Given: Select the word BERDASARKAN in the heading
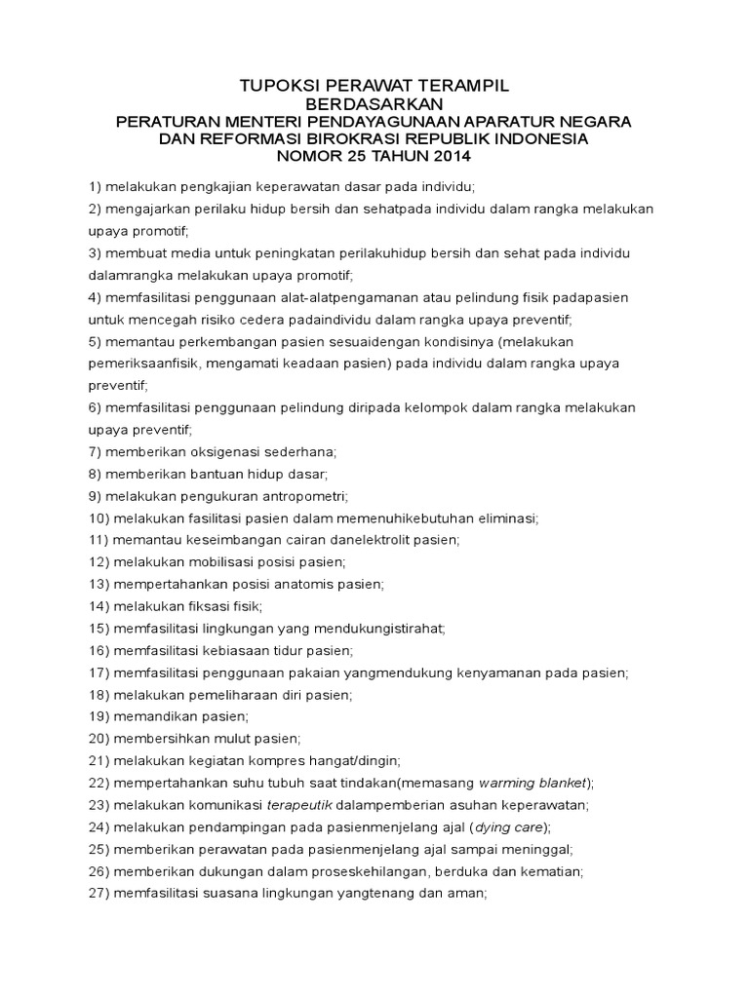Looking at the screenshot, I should (374, 103).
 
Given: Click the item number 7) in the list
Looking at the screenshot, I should (96, 451).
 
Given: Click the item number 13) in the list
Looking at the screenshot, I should (99, 584).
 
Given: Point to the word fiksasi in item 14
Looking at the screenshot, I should (198, 605).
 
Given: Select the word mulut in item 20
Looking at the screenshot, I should (224, 738).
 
